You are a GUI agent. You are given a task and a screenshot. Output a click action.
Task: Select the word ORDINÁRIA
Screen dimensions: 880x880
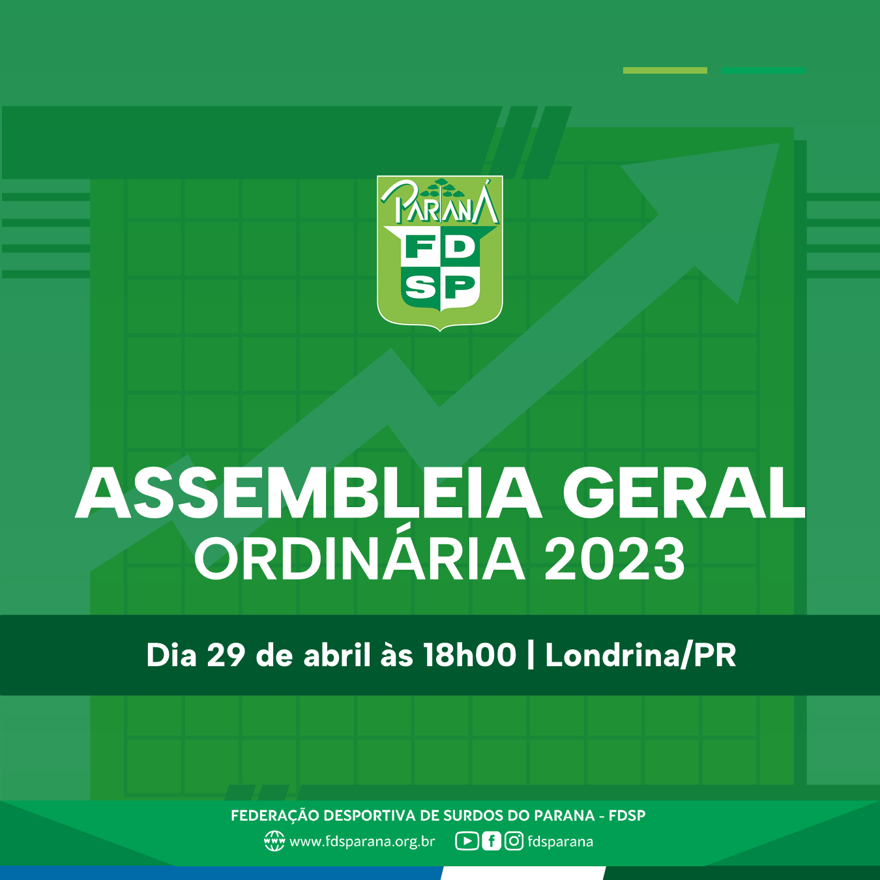[x=359, y=559]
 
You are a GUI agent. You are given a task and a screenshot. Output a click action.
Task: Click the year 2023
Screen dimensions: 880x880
[x=615, y=559]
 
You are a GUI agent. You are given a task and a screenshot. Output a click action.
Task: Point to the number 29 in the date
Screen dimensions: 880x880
[x=226, y=655]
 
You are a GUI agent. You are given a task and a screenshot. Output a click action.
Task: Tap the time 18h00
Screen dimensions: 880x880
[x=469, y=655]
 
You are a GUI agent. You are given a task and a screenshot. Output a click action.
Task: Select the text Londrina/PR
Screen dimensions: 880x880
[x=640, y=655]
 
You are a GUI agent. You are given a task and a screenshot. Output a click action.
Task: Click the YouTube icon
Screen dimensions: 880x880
[x=467, y=842]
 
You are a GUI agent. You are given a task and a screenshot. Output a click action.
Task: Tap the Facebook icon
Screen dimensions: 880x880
[x=491, y=842]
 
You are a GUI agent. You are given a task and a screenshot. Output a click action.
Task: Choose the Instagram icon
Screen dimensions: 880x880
[x=514, y=842]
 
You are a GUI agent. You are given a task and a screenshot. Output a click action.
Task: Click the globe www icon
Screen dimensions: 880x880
[x=274, y=842]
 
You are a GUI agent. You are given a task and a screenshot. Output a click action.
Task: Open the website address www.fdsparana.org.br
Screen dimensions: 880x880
[x=362, y=842]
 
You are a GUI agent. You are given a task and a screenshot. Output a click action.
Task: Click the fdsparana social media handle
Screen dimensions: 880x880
[x=561, y=842]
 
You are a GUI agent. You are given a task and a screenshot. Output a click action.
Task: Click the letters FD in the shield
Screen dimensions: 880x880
[x=440, y=248]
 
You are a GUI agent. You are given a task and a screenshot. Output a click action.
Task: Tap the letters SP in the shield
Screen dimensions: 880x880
[x=440, y=287]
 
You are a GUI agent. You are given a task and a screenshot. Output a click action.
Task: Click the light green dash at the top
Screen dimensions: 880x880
[x=665, y=70]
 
